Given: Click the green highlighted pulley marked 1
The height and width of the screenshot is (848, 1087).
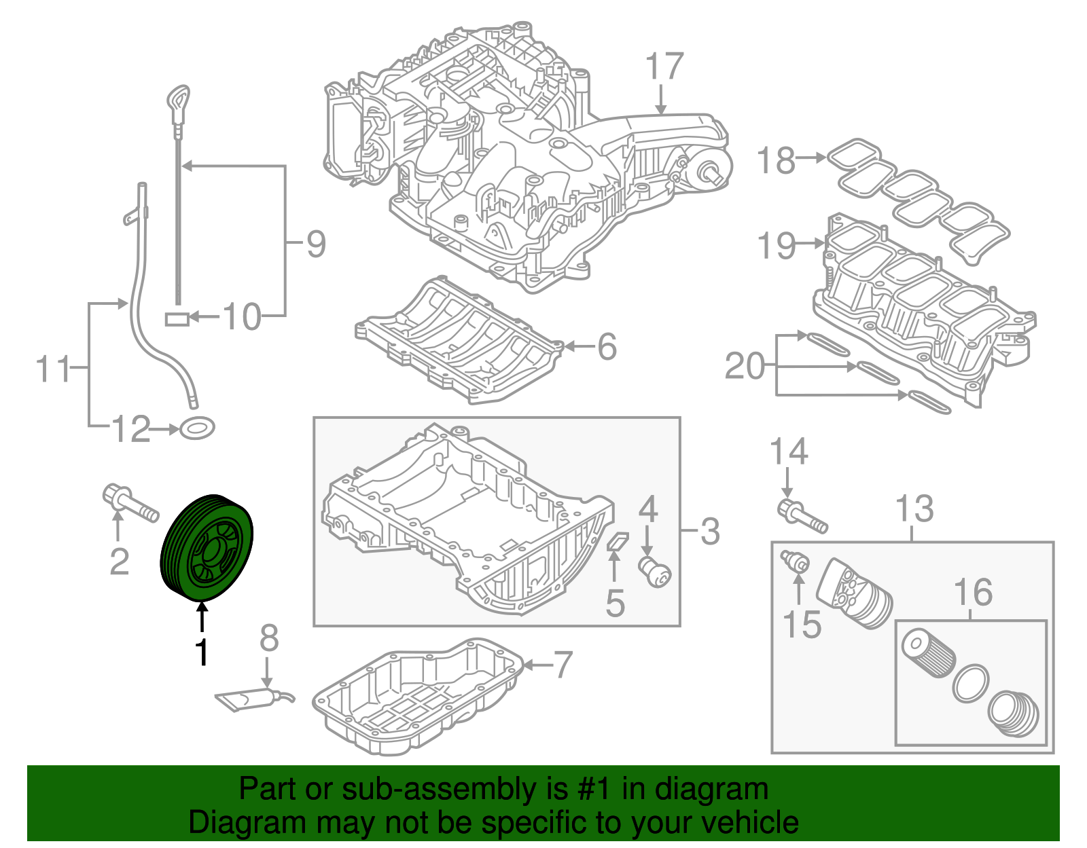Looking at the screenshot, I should tap(207, 549).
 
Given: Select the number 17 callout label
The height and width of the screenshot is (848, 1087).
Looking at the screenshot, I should tap(664, 67).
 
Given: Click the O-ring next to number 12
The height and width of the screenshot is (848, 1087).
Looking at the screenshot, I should tap(197, 428).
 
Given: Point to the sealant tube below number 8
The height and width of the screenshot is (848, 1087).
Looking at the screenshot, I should tap(248, 699).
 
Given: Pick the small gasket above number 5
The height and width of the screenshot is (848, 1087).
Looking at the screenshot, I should tap(618, 541).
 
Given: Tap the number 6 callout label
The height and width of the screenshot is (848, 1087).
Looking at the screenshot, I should tap(607, 347).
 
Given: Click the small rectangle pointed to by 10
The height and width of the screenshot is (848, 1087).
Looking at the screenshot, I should tap(177, 318).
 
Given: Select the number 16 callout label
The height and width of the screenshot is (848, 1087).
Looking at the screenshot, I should tap(973, 593).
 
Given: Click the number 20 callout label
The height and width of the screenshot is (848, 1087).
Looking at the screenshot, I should tap(745, 367).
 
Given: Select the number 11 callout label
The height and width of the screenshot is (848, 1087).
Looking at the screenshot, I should tap(52, 369).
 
